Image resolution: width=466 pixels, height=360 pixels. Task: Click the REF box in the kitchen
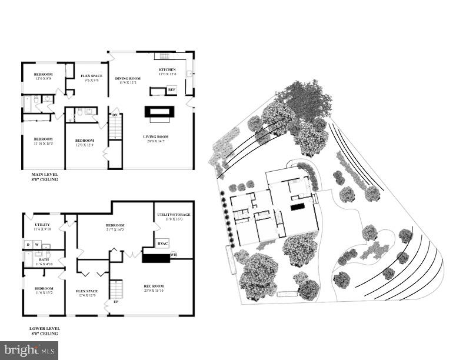172,90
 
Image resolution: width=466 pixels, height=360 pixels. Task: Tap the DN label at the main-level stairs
115,115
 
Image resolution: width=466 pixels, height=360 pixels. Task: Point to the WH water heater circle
174,255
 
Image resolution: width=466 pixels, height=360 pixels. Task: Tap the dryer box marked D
27,244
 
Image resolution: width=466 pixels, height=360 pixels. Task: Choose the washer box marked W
36,244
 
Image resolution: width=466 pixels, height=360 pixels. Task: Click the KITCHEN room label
167,69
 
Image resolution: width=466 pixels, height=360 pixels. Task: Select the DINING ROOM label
128,78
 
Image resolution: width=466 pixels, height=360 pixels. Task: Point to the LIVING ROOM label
155,136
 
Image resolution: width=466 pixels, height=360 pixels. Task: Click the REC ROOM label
153,286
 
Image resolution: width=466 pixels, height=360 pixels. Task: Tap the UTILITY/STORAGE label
171,215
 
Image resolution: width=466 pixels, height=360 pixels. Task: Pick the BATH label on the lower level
44,259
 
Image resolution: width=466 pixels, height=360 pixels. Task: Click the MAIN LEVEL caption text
44,174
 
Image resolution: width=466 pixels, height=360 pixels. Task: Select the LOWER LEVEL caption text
44,328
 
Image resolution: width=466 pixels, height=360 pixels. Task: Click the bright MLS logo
29,350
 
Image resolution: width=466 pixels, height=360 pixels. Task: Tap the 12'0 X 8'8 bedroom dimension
44,78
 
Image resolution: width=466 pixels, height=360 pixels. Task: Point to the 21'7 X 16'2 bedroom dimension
115,229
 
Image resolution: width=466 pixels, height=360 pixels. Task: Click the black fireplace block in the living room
159,111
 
